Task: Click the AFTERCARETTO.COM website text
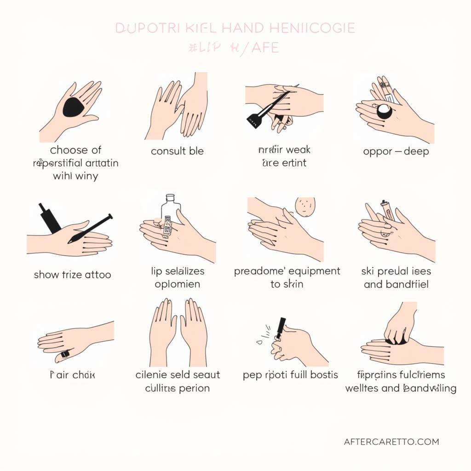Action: pyautogui.click(x=391, y=442)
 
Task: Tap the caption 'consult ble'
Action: pyautogui.click(x=177, y=151)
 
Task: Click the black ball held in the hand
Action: pyautogui.click(x=384, y=112)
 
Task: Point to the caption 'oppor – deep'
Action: pyautogui.click(x=396, y=151)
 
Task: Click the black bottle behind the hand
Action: pyautogui.click(x=49, y=218)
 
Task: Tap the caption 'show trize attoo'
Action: pyautogui.click(x=72, y=275)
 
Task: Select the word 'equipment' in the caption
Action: pyautogui.click(x=314, y=271)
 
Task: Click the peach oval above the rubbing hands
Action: pyautogui.click(x=305, y=207)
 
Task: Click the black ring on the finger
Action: pyautogui.click(x=65, y=354)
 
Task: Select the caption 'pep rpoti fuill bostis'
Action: pyautogui.click(x=290, y=375)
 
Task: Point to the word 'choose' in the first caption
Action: pyautogui.click(x=76, y=150)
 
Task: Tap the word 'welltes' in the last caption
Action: pyautogui.click(x=362, y=388)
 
